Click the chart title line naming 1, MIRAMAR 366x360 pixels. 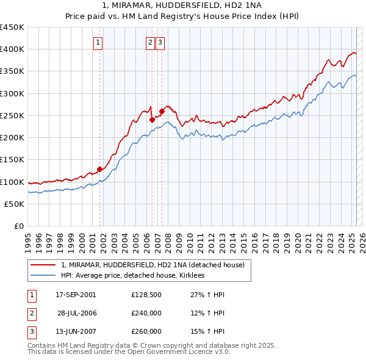[x=183, y=6]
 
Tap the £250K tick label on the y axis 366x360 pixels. [x=12, y=115]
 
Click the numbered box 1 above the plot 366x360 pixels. [x=98, y=42]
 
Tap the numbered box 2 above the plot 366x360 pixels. [x=150, y=42]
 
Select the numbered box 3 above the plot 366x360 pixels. [x=160, y=42]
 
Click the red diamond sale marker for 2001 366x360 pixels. [x=99, y=169]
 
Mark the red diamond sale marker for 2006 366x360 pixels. [x=152, y=120]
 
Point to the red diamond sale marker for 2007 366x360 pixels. [x=162, y=111]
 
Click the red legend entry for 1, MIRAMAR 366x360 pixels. [x=152, y=265]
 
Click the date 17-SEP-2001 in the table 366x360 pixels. [x=76, y=295]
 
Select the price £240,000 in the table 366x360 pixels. [x=146, y=313]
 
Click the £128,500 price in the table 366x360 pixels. [x=146, y=295]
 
